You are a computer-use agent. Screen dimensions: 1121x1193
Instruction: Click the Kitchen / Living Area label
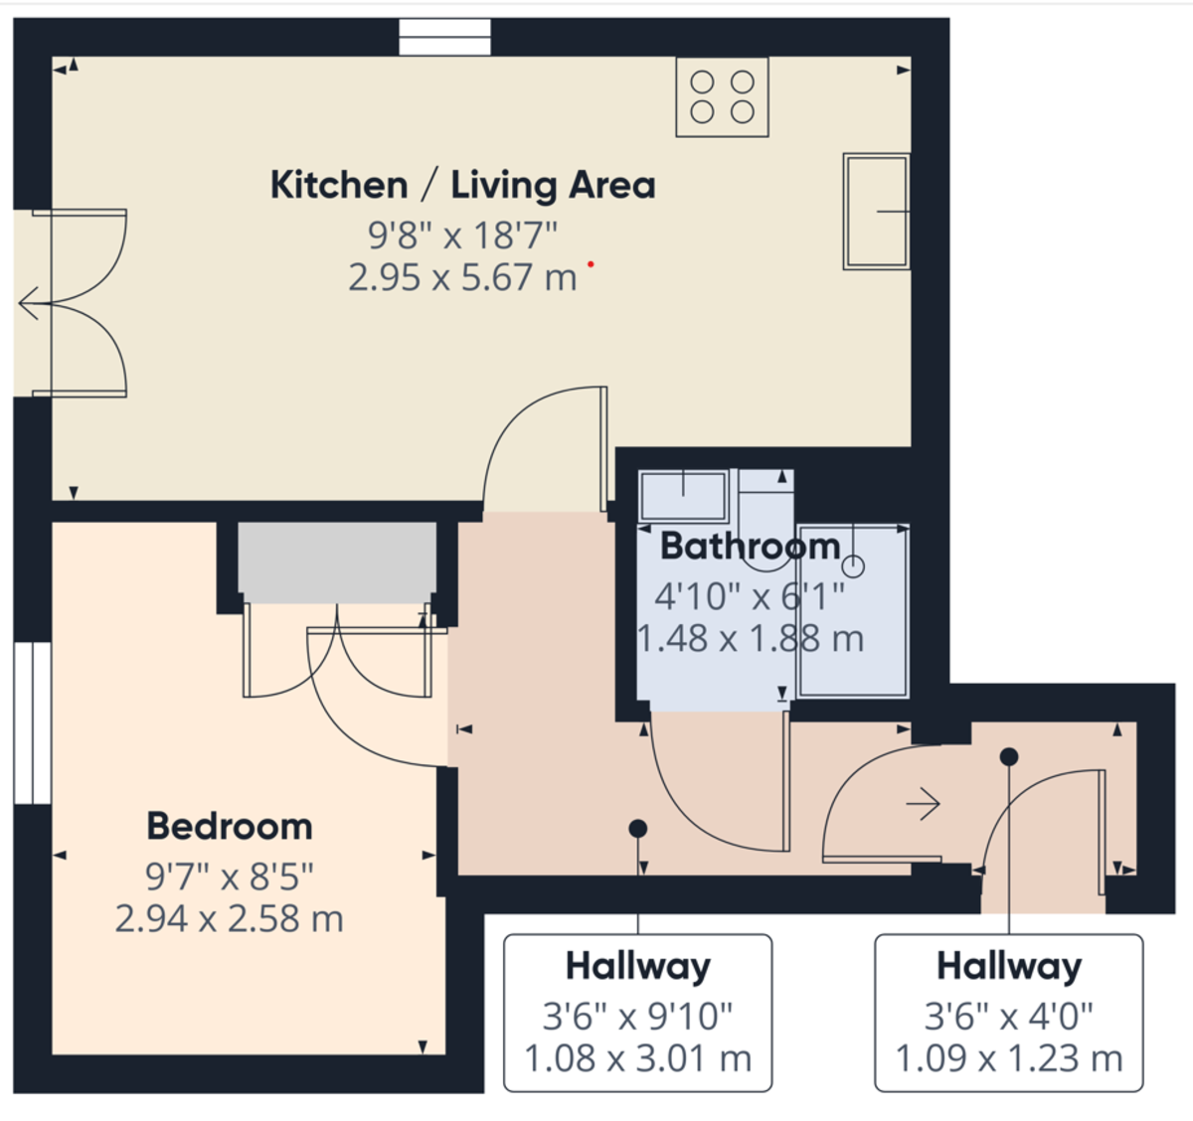pyautogui.click(x=462, y=186)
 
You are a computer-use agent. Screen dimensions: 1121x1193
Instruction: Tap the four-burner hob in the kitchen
pyautogui.click(x=722, y=96)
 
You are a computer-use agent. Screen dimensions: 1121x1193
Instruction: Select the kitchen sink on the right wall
pyautogui.click(x=876, y=211)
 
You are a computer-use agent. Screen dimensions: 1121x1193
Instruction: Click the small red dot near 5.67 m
pyautogui.click(x=591, y=264)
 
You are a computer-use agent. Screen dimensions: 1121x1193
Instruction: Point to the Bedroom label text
pyautogui.click(x=229, y=827)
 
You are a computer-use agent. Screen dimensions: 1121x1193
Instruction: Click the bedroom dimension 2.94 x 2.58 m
pyautogui.click(x=229, y=919)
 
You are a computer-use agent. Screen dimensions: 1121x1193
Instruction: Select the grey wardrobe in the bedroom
pyautogui.click(x=337, y=561)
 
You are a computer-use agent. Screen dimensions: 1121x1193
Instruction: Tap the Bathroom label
pyautogui.click(x=750, y=547)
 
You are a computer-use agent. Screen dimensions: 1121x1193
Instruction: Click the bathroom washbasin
pyautogui.click(x=683, y=495)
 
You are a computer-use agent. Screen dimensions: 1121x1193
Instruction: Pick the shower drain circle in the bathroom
pyautogui.click(x=854, y=567)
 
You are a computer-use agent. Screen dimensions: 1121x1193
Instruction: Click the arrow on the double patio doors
pyautogui.click(x=29, y=303)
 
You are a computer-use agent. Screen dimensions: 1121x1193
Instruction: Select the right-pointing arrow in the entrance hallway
pyautogui.click(x=924, y=803)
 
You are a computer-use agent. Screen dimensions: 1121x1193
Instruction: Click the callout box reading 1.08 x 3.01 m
pyautogui.click(x=637, y=1013)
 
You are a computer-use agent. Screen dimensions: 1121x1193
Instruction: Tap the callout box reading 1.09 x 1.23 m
pyautogui.click(x=1008, y=1013)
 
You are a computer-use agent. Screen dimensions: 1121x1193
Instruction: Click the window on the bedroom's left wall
pyautogui.click(x=32, y=722)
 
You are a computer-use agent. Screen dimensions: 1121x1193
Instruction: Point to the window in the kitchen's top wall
pyautogui.click(x=445, y=38)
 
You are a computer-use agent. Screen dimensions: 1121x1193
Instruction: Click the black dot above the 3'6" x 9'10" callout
pyautogui.click(x=638, y=829)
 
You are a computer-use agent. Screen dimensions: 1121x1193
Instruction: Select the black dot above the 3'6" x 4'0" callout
pyautogui.click(x=1009, y=757)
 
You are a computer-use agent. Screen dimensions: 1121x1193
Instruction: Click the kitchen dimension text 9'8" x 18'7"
pyautogui.click(x=462, y=237)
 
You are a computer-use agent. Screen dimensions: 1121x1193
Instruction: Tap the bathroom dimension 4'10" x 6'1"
pyautogui.click(x=750, y=597)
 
